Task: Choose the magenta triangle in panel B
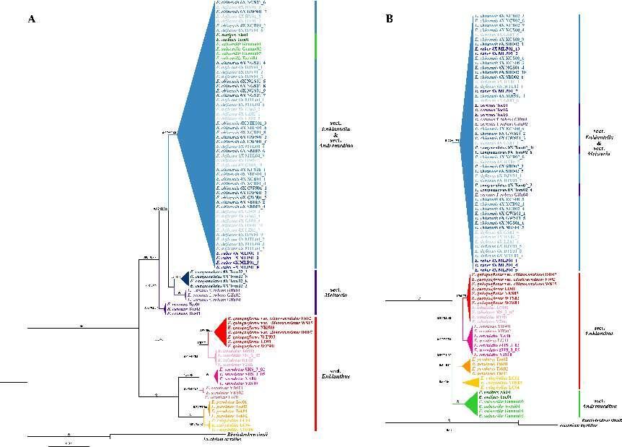[469, 336]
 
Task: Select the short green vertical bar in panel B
[581, 402]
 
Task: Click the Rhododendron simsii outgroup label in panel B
[603, 420]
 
